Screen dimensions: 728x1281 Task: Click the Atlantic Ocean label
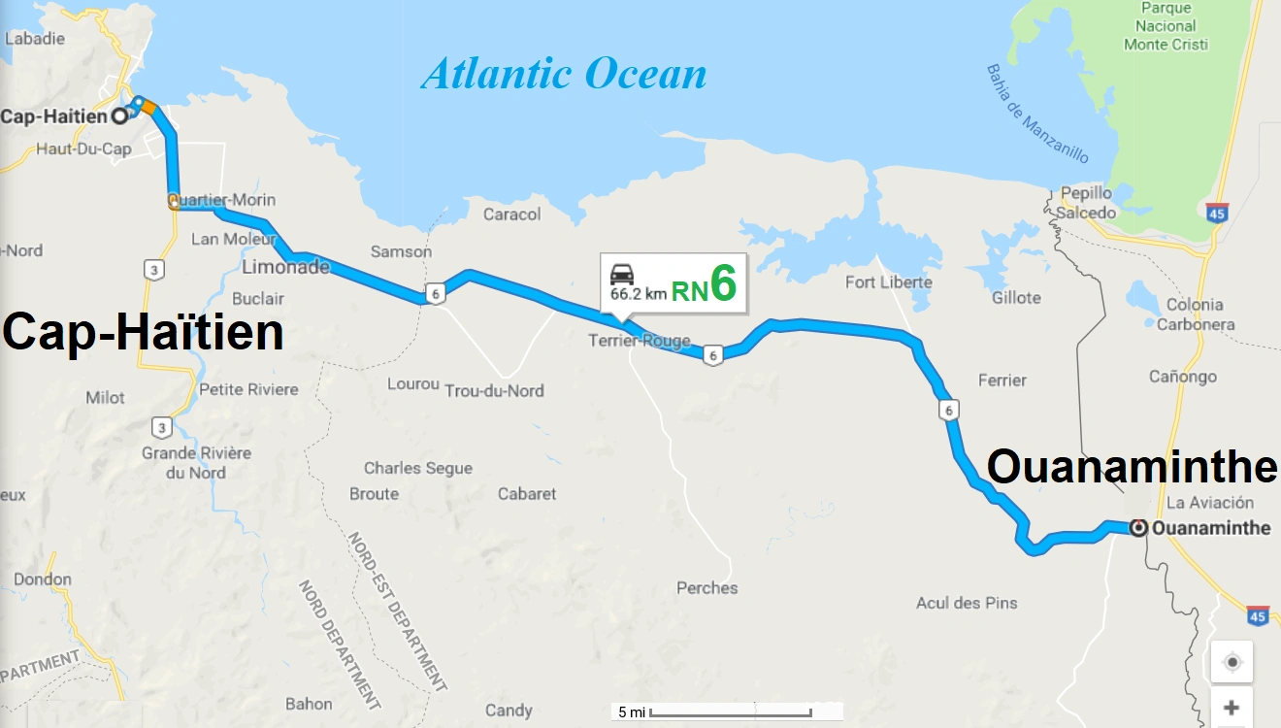click(564, 74)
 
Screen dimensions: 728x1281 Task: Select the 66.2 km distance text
click(638, 291)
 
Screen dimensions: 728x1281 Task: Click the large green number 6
click(723, 283)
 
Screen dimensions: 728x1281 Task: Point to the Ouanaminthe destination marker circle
click(1139, 528)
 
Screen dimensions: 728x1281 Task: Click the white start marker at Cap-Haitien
click(119, 116)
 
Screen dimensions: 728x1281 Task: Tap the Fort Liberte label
click(888, 282)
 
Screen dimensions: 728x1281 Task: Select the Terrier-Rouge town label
click(640, 341)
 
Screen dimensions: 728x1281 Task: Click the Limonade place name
click(285, 267)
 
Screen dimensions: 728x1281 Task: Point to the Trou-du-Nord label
click(494, 390)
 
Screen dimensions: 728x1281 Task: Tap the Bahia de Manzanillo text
click(1037, 114)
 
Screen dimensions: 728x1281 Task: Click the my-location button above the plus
click(1232, 662)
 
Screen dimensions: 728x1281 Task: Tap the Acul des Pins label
click(967, 603)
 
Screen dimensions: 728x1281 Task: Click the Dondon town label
click(43, 579)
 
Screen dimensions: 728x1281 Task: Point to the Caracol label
click(511, 214)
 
